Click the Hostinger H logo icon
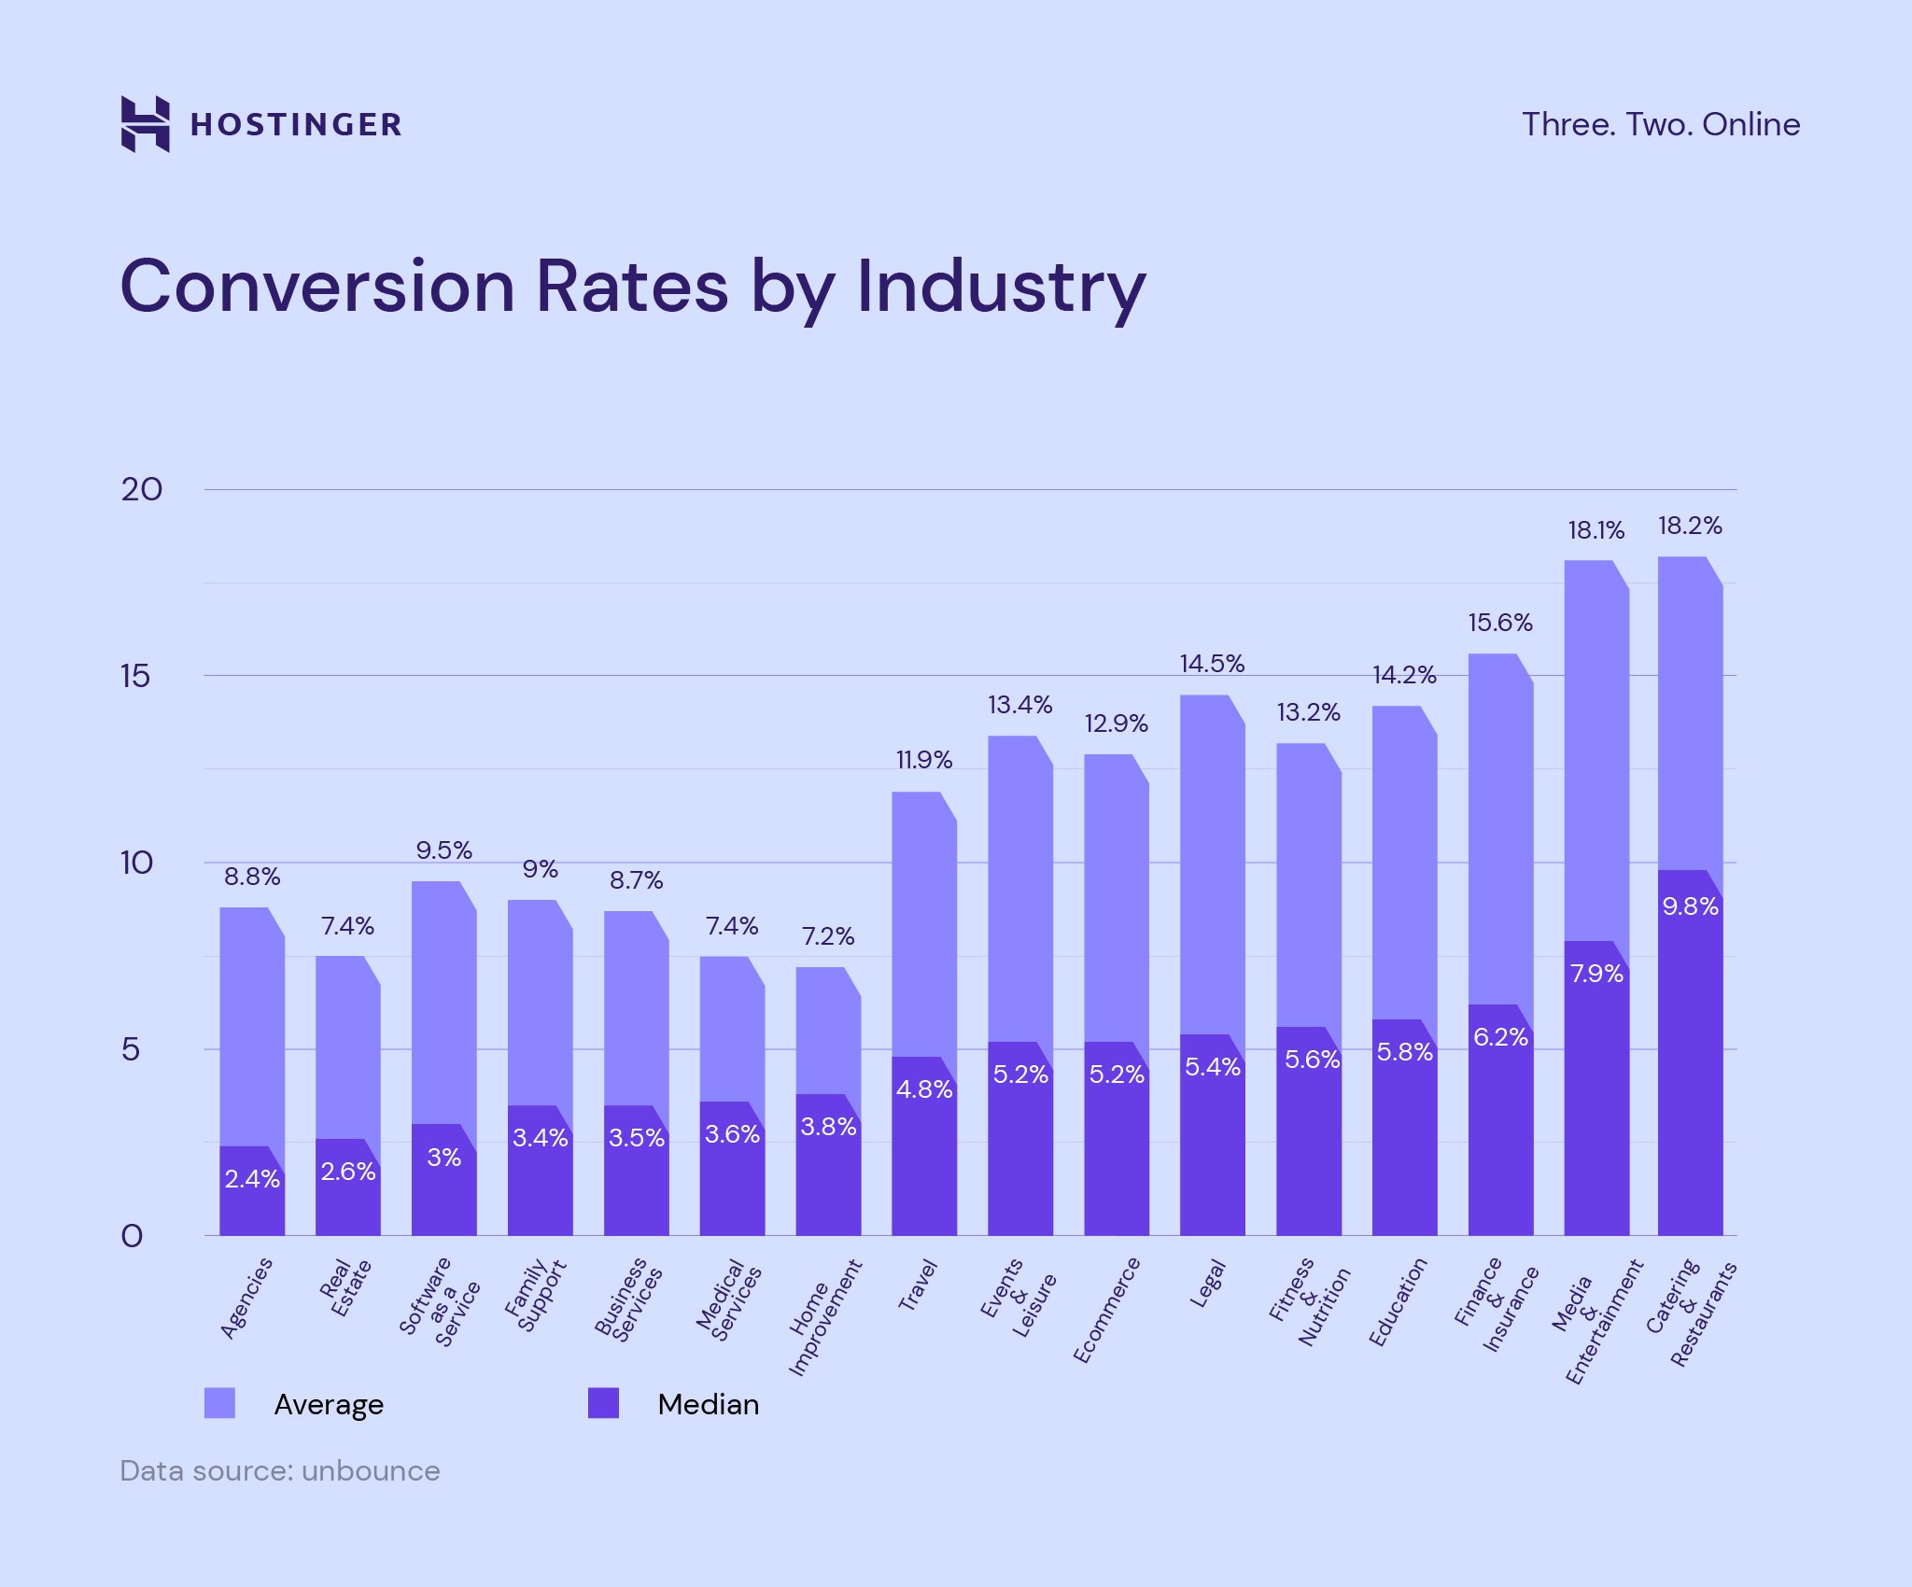tap(145, 123)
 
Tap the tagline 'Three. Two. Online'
tap(1660, 124)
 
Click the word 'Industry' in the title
tap(1001, 287)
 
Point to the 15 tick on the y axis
tap(135, 677)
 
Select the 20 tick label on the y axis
tap(141, 490)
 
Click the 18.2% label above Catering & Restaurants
tap(1689, 527)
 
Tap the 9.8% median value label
tap(1690, 906)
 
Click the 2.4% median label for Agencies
tap(252, 1179)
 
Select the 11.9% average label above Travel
tap(923, 761)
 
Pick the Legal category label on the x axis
tap(1207, 1285)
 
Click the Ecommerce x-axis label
tap(1107, 1310)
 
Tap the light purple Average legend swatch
tap(219, 1403)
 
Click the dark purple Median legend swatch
tap(603, 1403)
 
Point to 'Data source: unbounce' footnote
tap(279, 1471)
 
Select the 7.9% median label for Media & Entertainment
tap(1596, 975)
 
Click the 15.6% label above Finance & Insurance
tap(1499, 623)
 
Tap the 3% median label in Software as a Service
tap(443, 1158)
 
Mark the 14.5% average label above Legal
tap(1212, 664)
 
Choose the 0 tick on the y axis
tap(132, 1237)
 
